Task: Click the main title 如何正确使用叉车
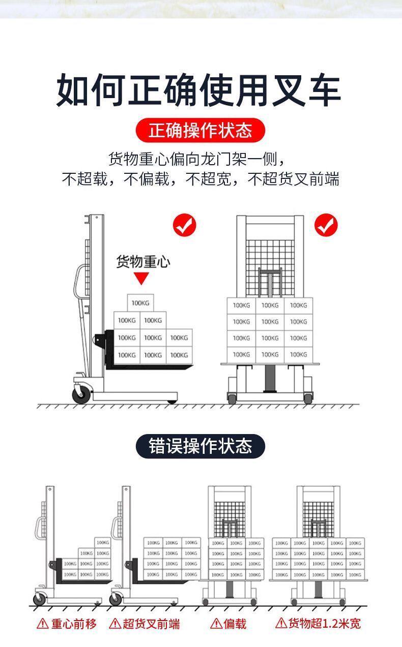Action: tap(198, 90)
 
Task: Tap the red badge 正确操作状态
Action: tap(200, 131)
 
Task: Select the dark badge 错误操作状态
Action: tap(200, 446)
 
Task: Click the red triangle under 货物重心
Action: tap(141, 279)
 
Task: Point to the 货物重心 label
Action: tap(143, 262)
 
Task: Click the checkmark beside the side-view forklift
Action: tap(184, 225)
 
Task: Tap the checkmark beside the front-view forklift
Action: tap(326, 225)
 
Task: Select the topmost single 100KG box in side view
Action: tap(140, 303)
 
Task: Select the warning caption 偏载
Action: tap(235, 624)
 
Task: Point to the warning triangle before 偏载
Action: tap(216, 624)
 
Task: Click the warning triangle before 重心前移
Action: tap(43, 624)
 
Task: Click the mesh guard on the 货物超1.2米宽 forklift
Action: tap(319, 518)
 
